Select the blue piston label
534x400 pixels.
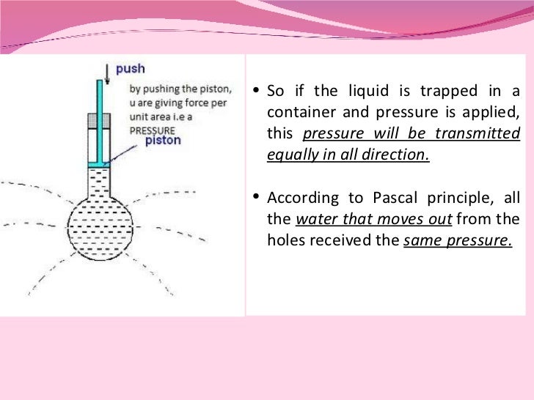(163, 139)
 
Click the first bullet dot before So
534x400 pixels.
(255, 92)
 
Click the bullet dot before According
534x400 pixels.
(255, 196)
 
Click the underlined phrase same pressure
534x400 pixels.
(458, 240)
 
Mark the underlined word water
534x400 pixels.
(314, 219)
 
